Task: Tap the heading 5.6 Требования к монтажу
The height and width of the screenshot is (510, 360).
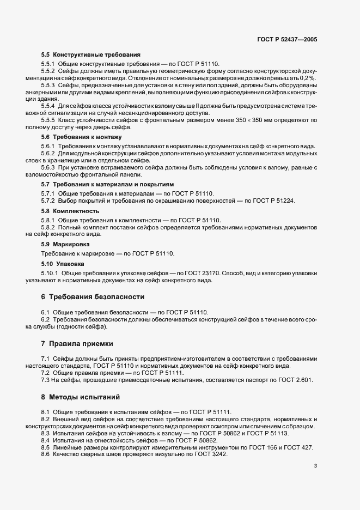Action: [81, 137]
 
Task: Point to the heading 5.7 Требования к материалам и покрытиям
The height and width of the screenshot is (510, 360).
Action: [105, 185]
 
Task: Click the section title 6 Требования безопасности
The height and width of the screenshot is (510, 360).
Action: [93, 297]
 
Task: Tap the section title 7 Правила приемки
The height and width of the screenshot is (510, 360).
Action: [77, 344]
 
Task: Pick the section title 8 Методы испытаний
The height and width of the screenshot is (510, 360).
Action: [80, 397]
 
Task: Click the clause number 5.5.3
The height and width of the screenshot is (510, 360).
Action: [48, 86]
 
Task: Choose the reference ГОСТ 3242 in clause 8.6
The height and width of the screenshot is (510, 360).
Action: [208, 454]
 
